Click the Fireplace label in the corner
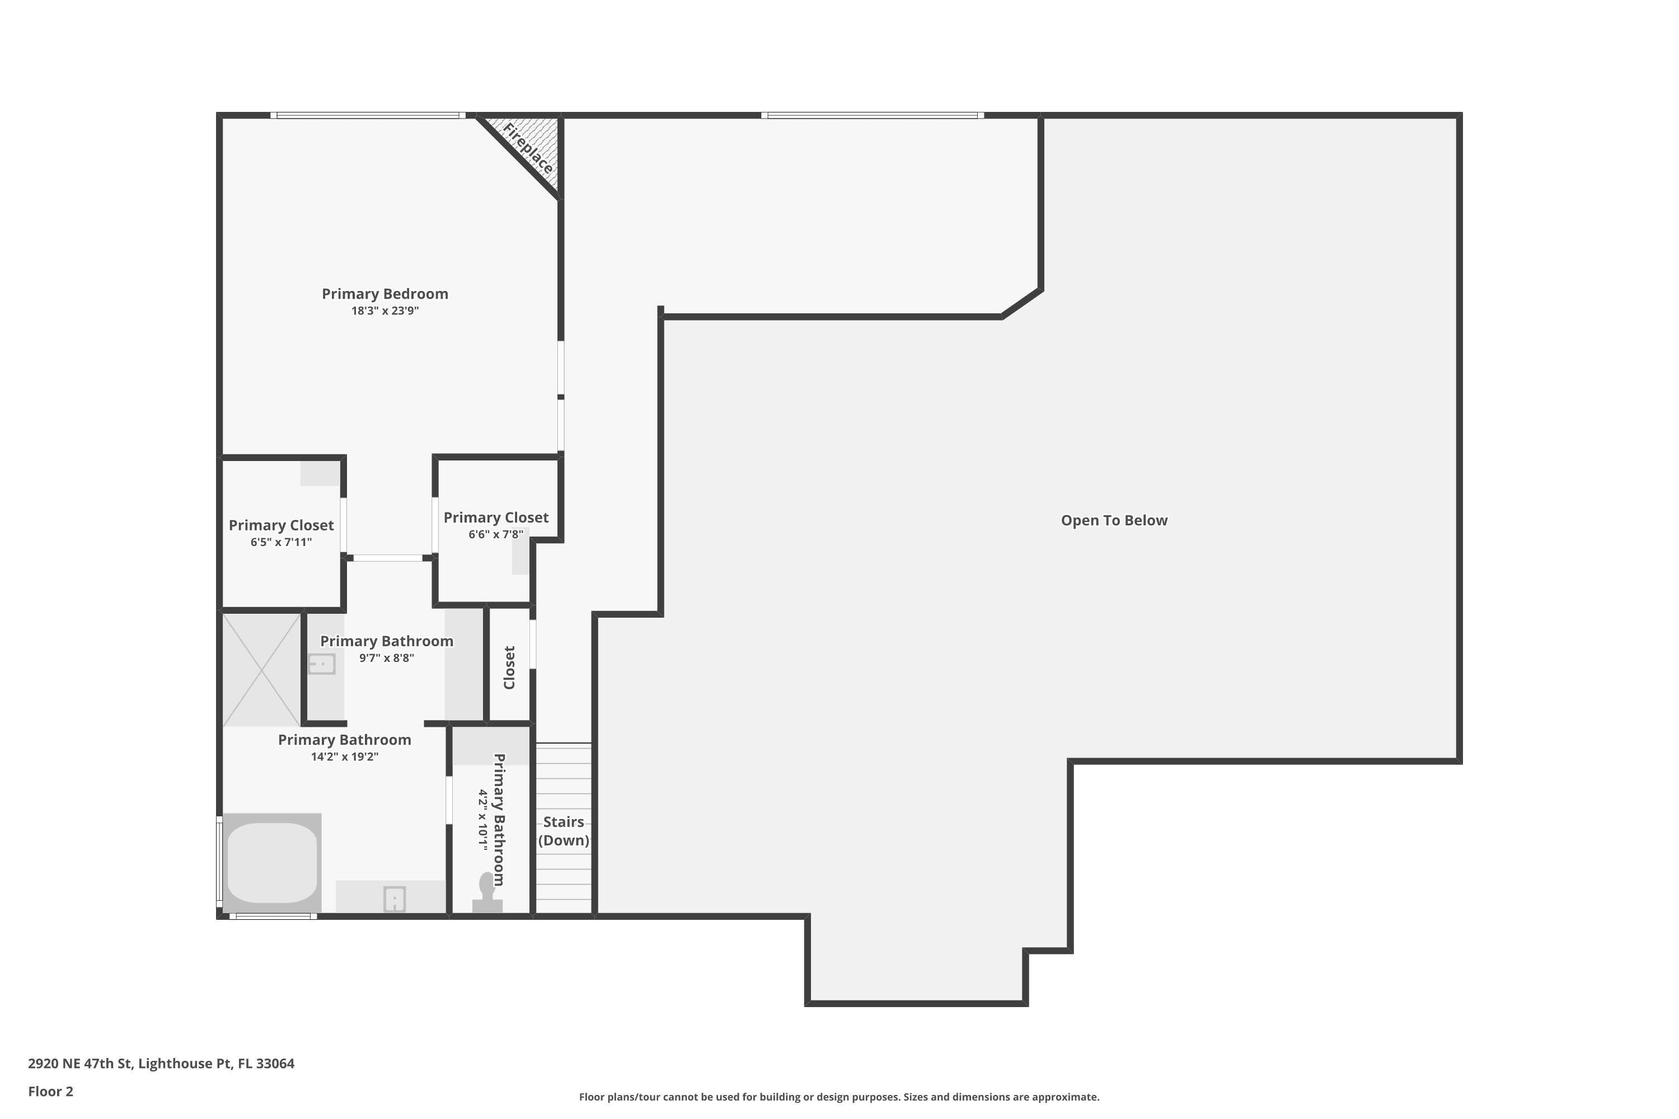pos(528,148)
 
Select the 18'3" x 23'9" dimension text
pos(385,311)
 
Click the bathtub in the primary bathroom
pos(272,863)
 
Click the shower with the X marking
pos(261,669)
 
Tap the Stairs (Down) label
pos(563,831)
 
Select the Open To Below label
pos(1114,520)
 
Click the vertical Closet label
pos(509,667)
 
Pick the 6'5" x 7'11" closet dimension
pos(282,542)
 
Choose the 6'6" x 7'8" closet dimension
pos(496,534)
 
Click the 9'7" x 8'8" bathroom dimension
pos(386,658)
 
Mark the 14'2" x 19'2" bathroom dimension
pos(344,756)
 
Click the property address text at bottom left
pos(161,1064)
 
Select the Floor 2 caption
pos(51,1091)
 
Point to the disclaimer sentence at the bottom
pos(839,1097)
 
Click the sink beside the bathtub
pos(394,899)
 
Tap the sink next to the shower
pos(321,664)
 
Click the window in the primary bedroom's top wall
pos(368,115)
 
